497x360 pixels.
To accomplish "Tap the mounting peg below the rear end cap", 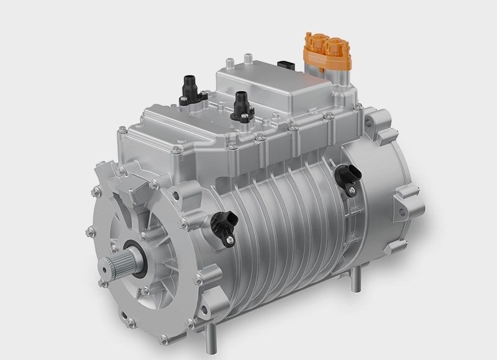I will pyautogui.click(x=355, y=282).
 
